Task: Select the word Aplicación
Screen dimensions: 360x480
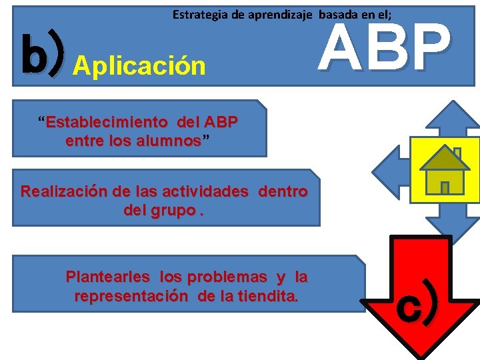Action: (x=139, y=65)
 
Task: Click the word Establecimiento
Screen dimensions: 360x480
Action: (x=107, y=122)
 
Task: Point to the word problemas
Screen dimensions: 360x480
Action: (x=230, y=277)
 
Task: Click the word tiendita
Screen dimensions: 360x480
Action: (x=263, y=295)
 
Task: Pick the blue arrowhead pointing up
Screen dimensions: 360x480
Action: (x=453, y=117)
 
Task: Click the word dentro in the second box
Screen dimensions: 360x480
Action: (x=283, y=192)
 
